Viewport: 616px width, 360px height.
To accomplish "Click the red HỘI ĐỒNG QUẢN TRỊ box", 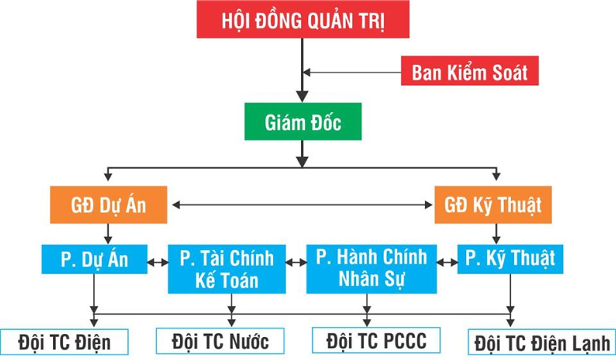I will (303, 20).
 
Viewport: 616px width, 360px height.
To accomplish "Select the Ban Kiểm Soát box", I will (470, 73).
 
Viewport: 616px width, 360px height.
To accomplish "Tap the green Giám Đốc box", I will (302, 122).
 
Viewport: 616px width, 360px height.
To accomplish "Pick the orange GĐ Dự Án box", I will (109, 205).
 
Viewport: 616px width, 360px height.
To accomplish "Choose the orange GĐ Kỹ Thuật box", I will (493, 205).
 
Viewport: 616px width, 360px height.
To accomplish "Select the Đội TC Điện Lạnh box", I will (542, 343).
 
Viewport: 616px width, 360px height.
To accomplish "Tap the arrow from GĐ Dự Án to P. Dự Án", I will (109, 232).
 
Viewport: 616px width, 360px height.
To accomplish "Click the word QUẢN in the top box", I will (325, 20).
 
